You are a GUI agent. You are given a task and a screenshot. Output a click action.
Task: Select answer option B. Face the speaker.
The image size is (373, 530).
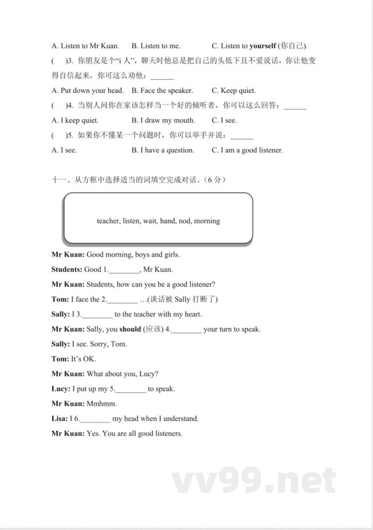(x=162, y=90)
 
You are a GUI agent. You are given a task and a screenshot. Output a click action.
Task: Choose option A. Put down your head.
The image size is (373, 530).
(x=88, y=90)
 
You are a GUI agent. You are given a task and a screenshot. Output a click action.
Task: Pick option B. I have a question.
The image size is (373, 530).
(x=163, y=150)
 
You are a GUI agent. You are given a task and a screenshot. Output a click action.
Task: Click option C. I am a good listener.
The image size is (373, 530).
(x=247, y=150)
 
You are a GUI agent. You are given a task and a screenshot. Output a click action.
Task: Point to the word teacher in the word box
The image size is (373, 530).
(x=108, y=221)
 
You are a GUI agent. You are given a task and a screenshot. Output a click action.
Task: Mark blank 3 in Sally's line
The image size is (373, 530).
(x=97, y=315)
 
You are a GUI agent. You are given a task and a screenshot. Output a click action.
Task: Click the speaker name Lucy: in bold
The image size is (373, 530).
(x=61, y=389)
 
